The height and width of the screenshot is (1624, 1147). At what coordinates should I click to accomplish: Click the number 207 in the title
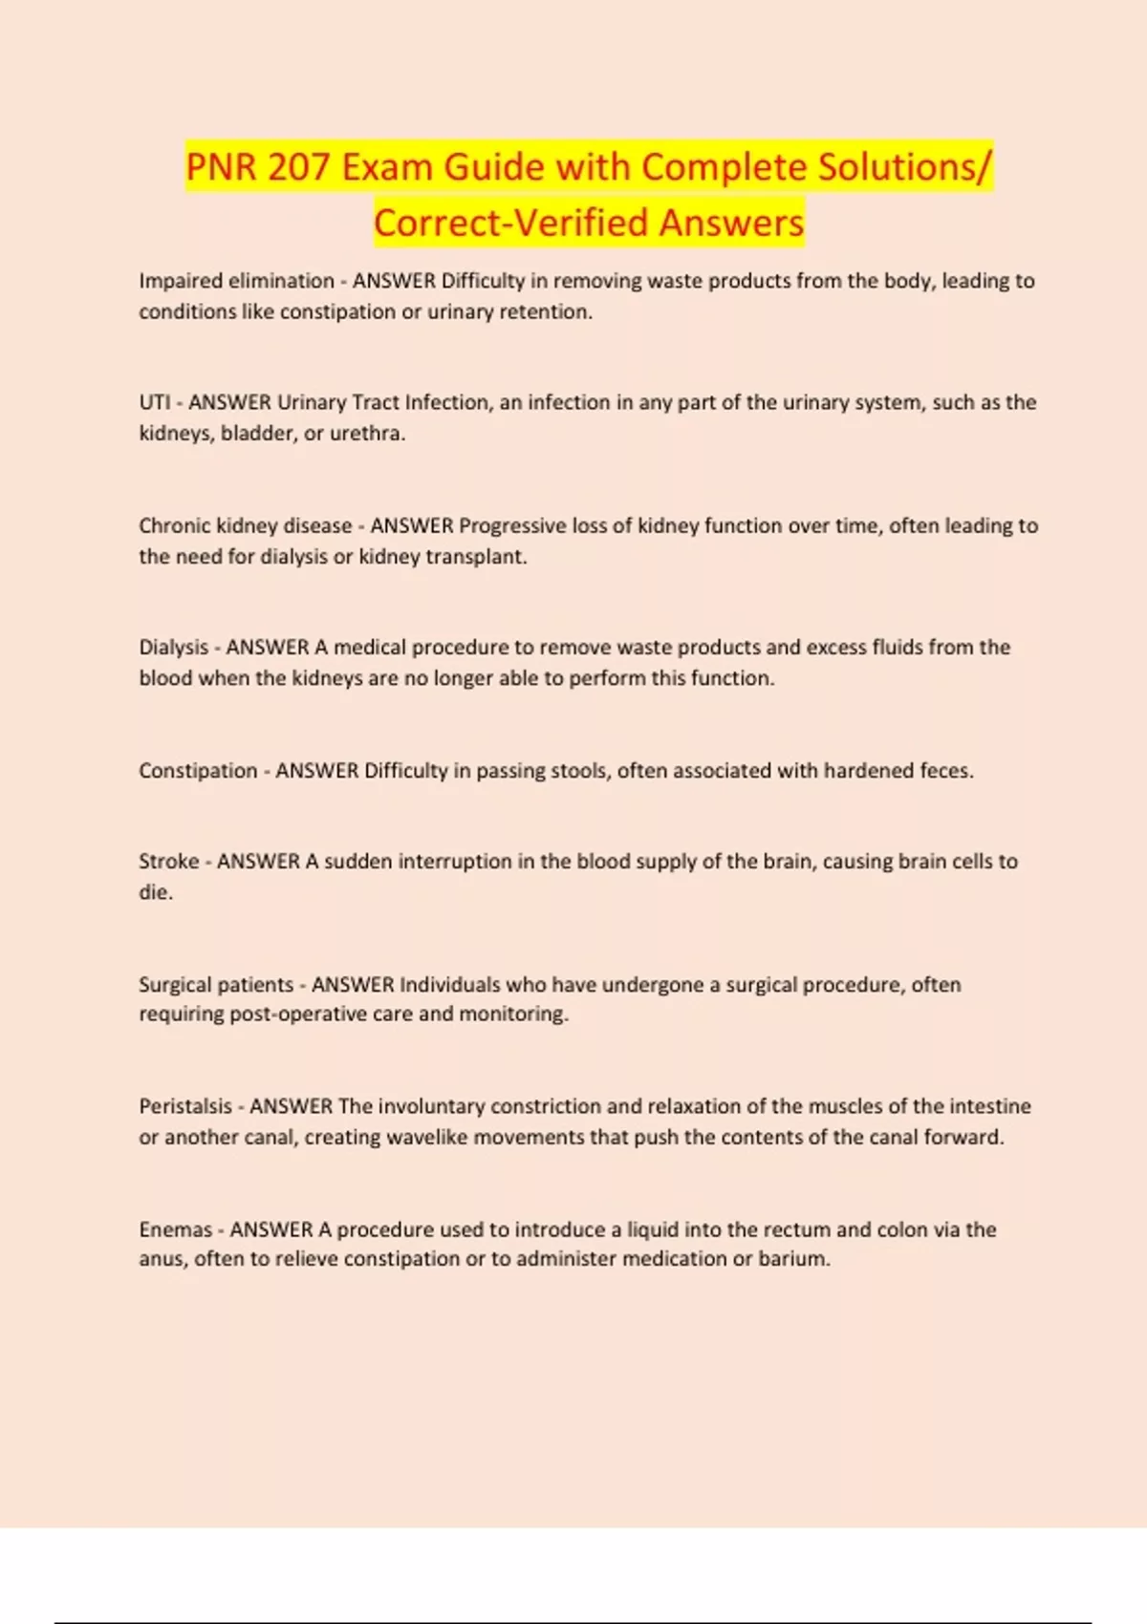298,168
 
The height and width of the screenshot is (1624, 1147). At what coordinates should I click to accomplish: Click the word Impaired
181,281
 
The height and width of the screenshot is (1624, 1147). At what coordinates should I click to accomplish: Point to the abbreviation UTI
154,402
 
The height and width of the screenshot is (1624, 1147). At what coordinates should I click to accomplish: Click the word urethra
367,434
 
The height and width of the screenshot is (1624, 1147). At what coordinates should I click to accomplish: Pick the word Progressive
512,525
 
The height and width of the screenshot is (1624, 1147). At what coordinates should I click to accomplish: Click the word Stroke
168,862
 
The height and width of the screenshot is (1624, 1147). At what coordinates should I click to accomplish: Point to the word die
155,892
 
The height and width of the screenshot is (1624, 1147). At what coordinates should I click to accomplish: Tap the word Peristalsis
185,1106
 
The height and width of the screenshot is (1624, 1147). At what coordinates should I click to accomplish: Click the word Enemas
175,1229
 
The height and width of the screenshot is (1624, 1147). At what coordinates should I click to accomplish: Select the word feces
946,771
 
